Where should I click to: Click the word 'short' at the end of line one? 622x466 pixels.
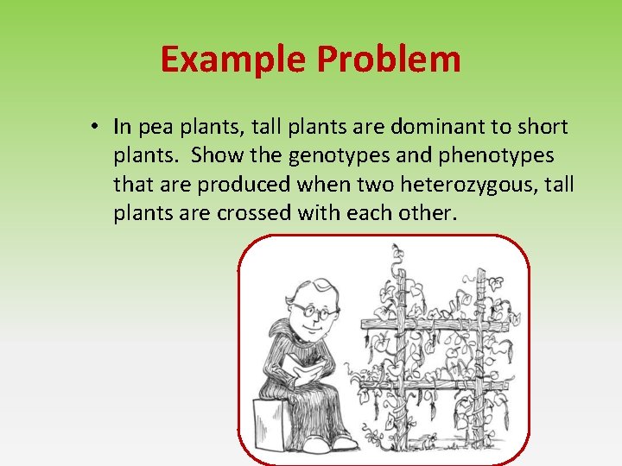coord(543,128)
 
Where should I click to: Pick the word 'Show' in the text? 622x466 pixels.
coord(217,156)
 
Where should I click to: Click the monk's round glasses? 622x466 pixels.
coord(313,310)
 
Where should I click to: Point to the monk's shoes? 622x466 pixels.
coord(337,441)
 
